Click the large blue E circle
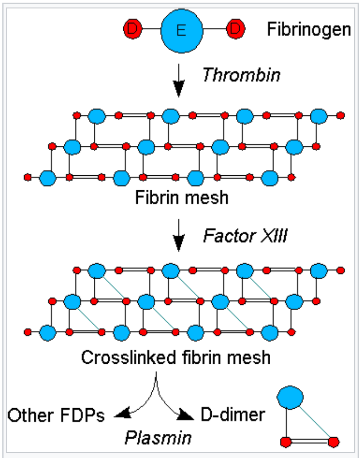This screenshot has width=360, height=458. tap(181, 30)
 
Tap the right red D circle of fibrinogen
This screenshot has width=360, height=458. tap(235, 30)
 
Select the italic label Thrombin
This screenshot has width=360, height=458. tap(241, 75)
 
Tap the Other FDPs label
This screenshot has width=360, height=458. tap(56, 415)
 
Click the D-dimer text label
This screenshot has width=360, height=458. tap(233, 415)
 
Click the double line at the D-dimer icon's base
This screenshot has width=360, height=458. tap(310, 441)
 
